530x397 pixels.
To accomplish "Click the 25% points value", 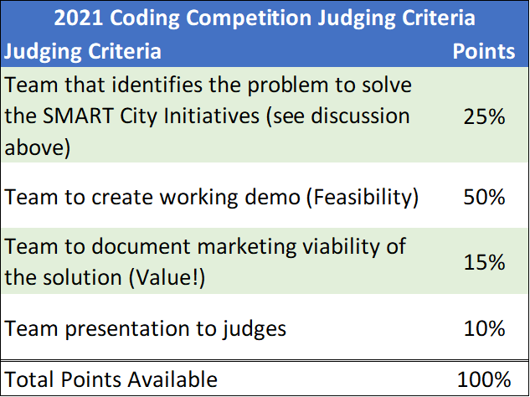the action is pos(484,116).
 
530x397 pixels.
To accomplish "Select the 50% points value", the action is pos(484,197).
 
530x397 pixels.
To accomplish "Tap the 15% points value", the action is pos(484,262).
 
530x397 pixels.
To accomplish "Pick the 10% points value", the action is pos(484,327).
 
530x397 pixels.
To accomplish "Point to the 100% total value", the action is pos(484,379).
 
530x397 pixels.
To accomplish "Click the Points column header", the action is pos(484,51).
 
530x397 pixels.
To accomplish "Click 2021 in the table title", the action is pos(79,18).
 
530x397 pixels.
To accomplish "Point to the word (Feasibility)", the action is pos(362,198).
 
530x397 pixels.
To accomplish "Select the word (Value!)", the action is pos(167,278).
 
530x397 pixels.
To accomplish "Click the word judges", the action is pos(255,329).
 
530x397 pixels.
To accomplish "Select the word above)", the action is pos(38,148).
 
